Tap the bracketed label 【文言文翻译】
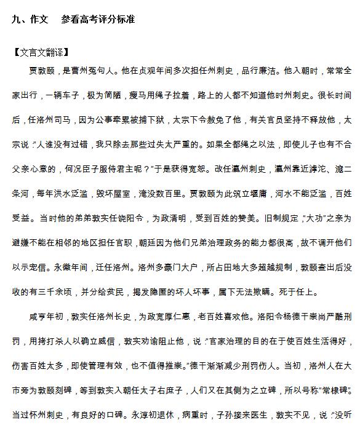[x=41, y=52]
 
